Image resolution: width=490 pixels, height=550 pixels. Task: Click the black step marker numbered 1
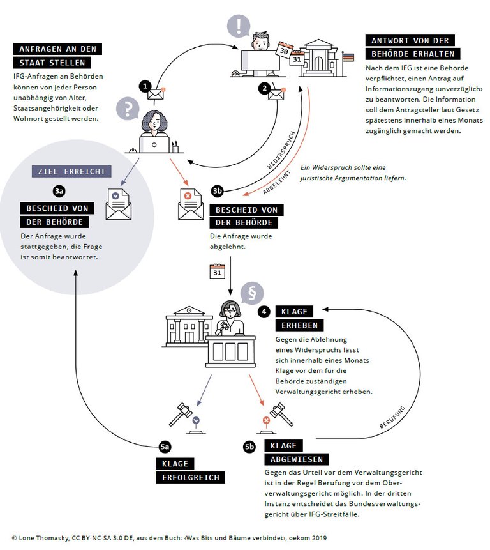tap(145, 86)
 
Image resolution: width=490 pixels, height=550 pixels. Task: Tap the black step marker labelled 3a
tap(59, 191)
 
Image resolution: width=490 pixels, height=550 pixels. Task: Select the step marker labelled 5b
tap(249, 447)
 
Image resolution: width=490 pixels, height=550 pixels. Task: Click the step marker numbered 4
tap(264, 312)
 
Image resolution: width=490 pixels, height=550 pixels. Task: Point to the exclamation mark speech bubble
tap(239, 26)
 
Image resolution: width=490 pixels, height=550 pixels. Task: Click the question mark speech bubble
tap(128, 108)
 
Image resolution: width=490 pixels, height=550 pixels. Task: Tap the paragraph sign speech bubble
tap(252, 293)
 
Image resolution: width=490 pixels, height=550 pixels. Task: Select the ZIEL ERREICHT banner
tap(71, 171)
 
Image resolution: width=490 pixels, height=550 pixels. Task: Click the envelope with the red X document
tap(191, 204)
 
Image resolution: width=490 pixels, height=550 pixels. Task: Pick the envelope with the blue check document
tap(119, 204)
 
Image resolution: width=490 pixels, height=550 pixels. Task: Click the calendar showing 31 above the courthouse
tap(217, 271)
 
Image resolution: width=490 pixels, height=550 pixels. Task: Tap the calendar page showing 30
tap(284, 50)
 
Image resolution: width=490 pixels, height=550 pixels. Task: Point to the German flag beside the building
tap(348, 57)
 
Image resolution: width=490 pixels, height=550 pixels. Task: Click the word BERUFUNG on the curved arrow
tap(392, 417)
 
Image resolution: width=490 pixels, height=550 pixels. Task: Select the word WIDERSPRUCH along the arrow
tap(281, 150)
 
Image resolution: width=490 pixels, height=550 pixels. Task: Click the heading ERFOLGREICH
tap(190, 477)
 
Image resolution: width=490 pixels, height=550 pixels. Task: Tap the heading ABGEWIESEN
tap(296, 459)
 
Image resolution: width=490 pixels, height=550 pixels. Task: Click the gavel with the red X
tap(277, 418)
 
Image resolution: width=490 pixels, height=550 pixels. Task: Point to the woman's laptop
tap(154, 144)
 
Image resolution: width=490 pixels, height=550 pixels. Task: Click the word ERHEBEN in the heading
tap(299, 325)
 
